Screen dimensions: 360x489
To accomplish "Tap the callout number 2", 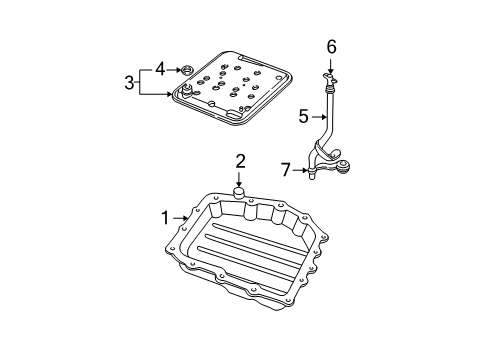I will click(x=239, y=160).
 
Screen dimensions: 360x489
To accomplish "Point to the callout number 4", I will click(x=158, y=69).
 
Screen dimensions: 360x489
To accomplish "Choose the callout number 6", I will click(x=331, y=45).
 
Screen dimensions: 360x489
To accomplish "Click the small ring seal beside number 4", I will click(x=184, y=70).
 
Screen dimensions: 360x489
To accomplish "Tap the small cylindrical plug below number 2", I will click(x=239, y=191).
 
